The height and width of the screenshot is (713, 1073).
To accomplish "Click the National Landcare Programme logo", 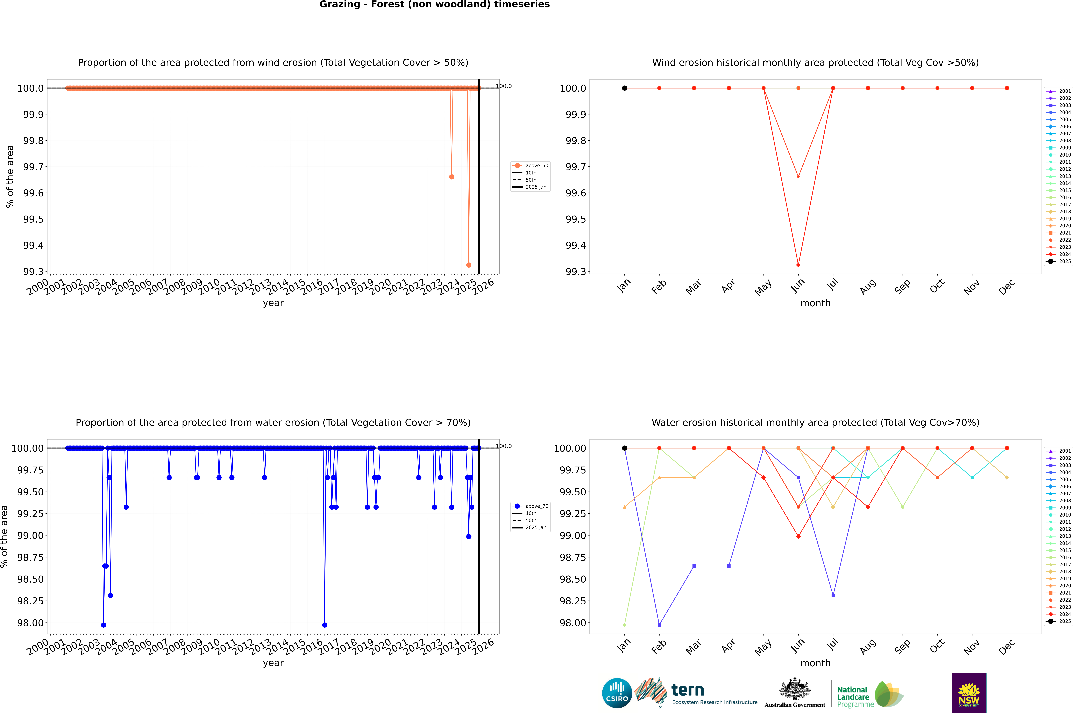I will point(870,694).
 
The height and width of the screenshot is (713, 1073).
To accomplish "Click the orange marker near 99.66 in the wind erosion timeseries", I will point(451,177).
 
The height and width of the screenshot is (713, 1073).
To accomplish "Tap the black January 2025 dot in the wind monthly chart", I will point(625,88).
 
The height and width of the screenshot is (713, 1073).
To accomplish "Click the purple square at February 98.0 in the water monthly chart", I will point(659,625).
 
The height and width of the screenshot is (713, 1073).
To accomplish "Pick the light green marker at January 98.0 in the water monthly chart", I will point(625,625).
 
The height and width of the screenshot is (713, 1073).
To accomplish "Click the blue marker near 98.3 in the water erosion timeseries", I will point(111,595).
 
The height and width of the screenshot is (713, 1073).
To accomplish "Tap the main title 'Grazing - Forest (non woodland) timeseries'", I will point(434,5).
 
